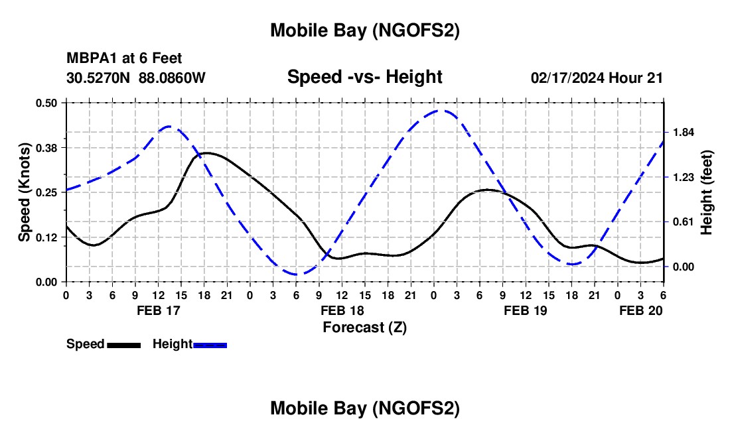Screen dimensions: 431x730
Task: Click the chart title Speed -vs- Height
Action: tap(364, 77)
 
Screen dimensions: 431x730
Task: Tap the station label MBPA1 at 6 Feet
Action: tap(124, 59)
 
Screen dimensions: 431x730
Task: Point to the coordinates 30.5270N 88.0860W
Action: tap(136, 78)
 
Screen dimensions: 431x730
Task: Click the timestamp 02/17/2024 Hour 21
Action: tap(597, 78)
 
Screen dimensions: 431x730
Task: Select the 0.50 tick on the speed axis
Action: tap(47, 103)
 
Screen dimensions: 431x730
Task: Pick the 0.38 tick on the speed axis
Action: tap(47, 147)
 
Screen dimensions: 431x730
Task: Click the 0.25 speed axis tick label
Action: tap(47, 192)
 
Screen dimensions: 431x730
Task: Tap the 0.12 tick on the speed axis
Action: tap(47, 237)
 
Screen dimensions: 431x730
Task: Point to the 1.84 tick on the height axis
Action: tap(684, 133)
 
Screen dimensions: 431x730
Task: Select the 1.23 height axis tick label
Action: tap(684, 177)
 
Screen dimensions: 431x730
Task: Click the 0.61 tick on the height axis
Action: tap(684, 222)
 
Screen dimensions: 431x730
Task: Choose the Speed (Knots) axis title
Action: tap(25, 192)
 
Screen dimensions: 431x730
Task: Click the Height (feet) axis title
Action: tap(707, 192)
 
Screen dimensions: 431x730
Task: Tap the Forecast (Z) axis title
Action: tap(364, 327)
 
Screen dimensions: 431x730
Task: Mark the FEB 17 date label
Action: tap(158, 310)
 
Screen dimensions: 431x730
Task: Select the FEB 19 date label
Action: tap(526, 310)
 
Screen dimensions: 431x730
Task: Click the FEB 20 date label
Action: tap(640, 310)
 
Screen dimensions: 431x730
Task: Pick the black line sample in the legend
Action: tap(123, 345)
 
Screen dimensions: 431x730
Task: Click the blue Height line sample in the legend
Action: tap(210, 345)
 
